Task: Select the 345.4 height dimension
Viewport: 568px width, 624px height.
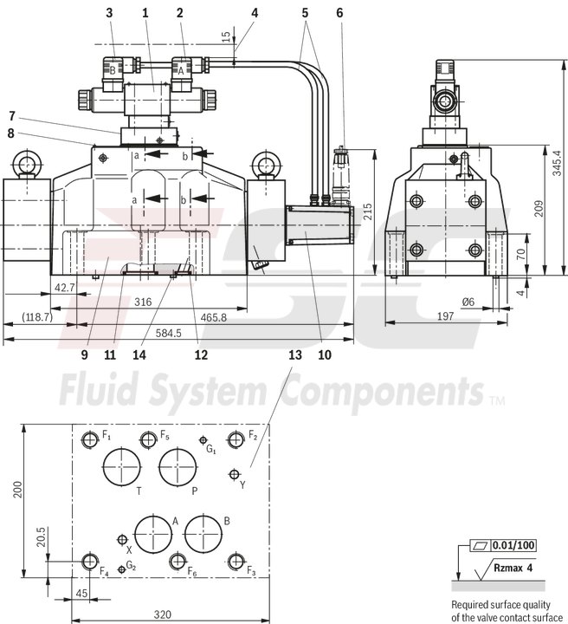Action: tap(555, 159)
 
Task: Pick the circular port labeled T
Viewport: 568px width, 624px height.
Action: tap(122, 467)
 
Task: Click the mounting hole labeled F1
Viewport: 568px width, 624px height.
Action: tap(90, 439)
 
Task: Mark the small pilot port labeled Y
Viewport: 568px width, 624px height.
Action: tap(234, 473)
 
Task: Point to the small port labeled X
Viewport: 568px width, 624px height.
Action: tap(121, 539)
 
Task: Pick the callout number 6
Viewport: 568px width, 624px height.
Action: tap(339, 13)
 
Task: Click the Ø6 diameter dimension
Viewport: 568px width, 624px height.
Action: tap(468, 302)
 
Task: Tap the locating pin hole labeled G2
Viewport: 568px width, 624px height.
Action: tap(121, 569)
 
